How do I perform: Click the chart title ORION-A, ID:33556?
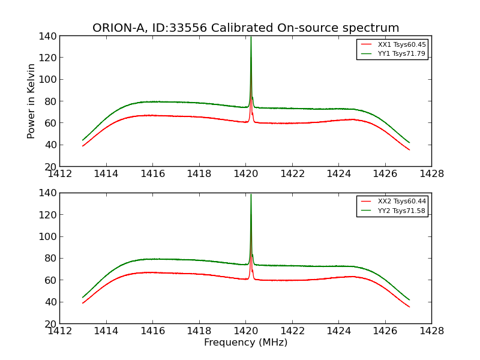[x=245, y=28]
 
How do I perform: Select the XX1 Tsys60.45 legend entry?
[x=401, y=44]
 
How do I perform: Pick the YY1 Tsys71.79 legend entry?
[x=401, y=53]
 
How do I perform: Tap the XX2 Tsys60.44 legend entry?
[x=401, y=201]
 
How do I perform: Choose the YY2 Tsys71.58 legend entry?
[x=401, y=210]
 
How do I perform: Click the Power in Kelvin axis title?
[x=32, y=101]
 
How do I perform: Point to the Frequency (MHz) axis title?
[x=245, y=343]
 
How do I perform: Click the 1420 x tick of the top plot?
[x=245, y=174]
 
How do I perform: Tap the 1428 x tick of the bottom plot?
[x=431, y=331]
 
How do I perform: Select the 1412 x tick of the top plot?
[x=59, y=174]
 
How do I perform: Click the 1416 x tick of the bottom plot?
[x=152, y=331]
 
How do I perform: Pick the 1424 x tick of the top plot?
[x=338, y=174]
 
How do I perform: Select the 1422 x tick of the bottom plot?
[x=292, y=331]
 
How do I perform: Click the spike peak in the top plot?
[x=251, y=37]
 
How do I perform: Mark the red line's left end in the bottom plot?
[x=83, y=303]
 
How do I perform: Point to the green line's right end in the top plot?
[x=409, y=143]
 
